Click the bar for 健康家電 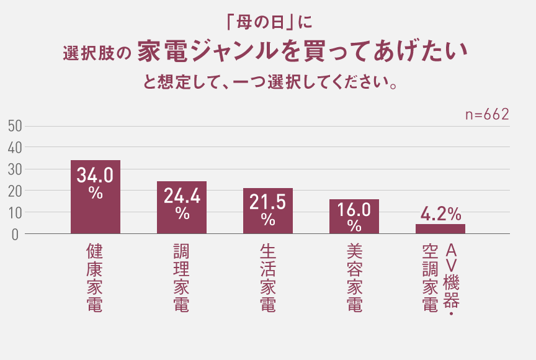pyautogui.click(x=95, y=211)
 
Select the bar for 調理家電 pyautogui.click(x=181, y=217)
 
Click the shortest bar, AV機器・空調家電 pyautogui.click(x=440, y=229)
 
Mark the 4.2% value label pyautogui.click(x=440, y=214)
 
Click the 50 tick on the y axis pyautogui.click(x=16, y=126)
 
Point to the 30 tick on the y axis pyautogui.click(x=16, y=169)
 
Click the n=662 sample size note pyautogui.click(x=487, y=115)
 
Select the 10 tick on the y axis pyautogui.click(x=16, y=212)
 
